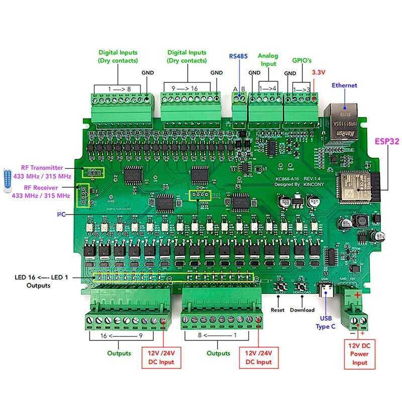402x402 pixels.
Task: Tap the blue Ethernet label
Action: pos(344,85)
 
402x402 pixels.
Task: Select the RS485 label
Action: pos(238,56)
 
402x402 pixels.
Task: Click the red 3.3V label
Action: pos(320,72)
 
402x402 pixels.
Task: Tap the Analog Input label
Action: pos(267,60)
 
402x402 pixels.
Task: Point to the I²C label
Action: pos(61,215)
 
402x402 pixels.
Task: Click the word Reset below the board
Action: pos(277,310)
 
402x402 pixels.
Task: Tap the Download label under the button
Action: pos(302,310)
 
